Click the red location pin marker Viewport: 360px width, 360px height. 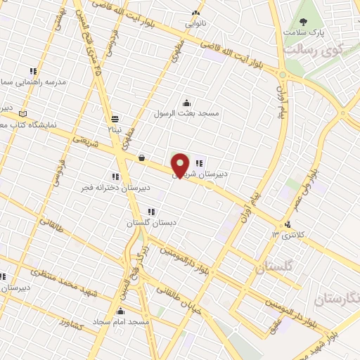click(181, 165)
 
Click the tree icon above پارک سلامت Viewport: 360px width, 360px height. click(304, 22)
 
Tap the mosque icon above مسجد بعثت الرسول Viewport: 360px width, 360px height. click(186, 102)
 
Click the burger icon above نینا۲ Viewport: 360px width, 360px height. click(115, 119)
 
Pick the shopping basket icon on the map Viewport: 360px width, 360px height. click(142, 157)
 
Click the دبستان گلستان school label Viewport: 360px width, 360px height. click(149, 223)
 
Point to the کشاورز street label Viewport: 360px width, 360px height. click(72, 324)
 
